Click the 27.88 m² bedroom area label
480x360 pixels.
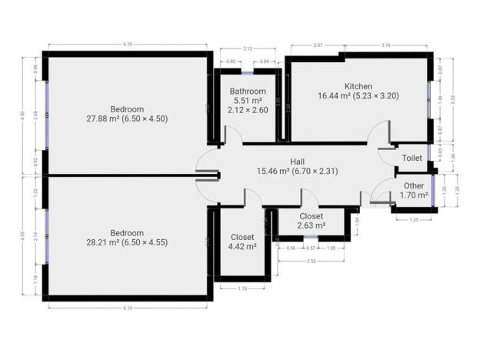click(128, 118)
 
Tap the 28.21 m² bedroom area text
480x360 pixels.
click(128, 242)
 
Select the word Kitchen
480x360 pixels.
click(358, 85)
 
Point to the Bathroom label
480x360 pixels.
click(248, 91)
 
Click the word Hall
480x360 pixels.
click(297, 161)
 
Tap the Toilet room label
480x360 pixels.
click(412, 158)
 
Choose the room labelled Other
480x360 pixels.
click(413, 185)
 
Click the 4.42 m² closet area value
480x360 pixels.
click(242, 246)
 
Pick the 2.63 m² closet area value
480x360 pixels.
click(311, 226)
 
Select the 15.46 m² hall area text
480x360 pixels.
click(298, 171)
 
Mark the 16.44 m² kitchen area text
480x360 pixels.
click(358, 96)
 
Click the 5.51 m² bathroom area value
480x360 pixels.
click(248, 100)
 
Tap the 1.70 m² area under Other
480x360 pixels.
click(413, 195)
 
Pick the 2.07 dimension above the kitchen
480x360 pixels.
click(318, 47)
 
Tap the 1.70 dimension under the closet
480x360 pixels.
click(242, 288)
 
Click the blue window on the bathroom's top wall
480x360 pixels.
click(248, 72)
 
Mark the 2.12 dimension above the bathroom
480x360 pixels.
click(248, 49)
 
